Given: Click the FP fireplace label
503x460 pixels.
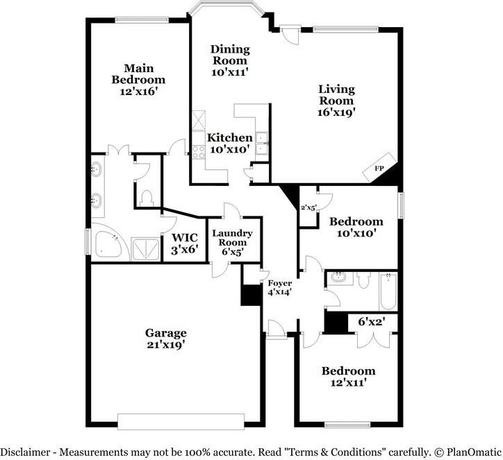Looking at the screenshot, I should pos(379,169).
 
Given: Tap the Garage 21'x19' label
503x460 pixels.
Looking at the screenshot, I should pos(165,338).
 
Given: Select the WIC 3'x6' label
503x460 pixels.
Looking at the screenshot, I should pos(185,243).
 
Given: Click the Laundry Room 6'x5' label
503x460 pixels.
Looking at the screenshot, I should pos(232,242).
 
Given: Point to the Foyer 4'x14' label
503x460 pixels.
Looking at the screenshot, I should pos(279,287).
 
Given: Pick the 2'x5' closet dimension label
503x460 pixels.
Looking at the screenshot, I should pos(308,207).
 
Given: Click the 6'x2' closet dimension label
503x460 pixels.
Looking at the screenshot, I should pos(371,321).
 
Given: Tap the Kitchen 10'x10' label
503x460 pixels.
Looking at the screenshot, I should pos(229,143).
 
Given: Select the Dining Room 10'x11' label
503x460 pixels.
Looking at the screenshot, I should pos(230,60).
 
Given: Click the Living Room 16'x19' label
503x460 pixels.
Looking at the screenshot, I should pos(336,100).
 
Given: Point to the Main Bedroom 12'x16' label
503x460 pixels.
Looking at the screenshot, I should pos(138,79).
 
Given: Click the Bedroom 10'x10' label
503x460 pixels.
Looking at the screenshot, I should pos(356,227).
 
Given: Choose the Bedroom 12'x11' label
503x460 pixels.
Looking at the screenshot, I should pos(348,376).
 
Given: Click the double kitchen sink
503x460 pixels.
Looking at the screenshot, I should pos(263,142).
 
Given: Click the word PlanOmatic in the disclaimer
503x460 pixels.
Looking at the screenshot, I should pos(466,451).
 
